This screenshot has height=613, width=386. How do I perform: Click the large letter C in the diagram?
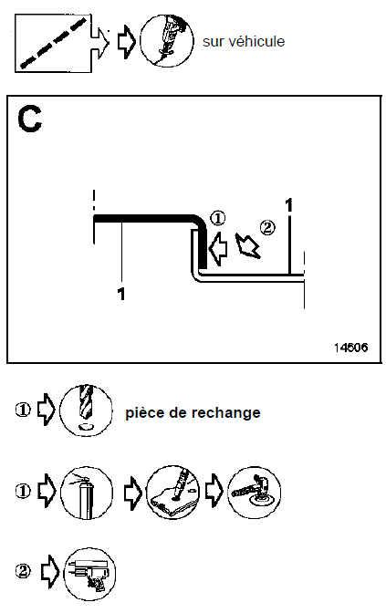[x=29, y=119]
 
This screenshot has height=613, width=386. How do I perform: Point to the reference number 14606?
[x=350, y=348]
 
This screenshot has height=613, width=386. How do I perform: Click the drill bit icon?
[x=86, y=410]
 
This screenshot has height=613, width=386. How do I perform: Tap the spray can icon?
[x=87, y=492]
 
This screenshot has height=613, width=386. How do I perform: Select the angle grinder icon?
[x=254, y=492]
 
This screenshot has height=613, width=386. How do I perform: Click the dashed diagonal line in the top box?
[x=53, y=42]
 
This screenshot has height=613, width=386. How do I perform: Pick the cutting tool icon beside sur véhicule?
[x=167, y=41]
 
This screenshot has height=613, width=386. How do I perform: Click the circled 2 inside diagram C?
[x=267, y=227]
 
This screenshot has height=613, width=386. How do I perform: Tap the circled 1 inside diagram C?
[x=218, y=218]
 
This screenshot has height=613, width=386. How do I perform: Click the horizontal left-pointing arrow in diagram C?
[x=218, y=248]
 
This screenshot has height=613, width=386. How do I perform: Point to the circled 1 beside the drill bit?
[x=23, y=410]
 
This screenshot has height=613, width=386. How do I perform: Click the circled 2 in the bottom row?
[x=23, y=572]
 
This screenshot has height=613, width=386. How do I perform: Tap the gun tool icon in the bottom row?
[x=89, y=574]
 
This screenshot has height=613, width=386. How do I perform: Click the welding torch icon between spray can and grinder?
[x=172, y=492]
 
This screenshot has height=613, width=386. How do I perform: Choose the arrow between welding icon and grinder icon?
[x=214, y=491]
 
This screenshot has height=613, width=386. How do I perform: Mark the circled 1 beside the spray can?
[x=23, y=491]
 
